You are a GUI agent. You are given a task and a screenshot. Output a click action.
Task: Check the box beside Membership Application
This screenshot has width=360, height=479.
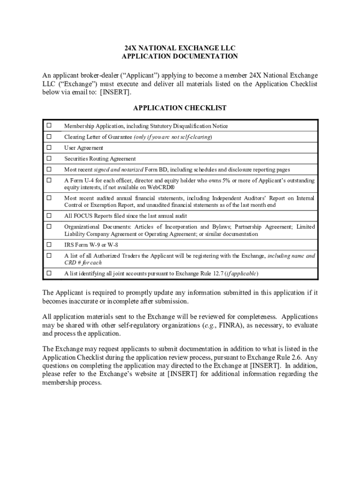(x=49, y=126)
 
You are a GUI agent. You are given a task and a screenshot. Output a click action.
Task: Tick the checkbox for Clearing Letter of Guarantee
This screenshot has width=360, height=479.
(x=49, y=137)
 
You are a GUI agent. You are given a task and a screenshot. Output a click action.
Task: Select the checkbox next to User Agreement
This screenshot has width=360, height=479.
(x=49, y=147)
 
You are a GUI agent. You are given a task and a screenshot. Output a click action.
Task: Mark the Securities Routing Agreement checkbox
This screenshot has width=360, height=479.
(x=49, y=158)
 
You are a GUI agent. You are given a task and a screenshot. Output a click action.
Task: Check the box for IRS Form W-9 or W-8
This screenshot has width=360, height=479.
(x=49, y=244)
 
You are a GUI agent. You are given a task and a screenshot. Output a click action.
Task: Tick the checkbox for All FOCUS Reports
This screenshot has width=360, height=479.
(x=49, y=216)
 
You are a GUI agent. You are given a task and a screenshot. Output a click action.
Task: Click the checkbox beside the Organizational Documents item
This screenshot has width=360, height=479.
(x=49, y=226)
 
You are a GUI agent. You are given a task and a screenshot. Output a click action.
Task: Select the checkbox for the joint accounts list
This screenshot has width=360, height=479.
(x=49, y=273)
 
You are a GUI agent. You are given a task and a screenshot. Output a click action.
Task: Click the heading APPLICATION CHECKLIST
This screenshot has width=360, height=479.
(x=180, y=108)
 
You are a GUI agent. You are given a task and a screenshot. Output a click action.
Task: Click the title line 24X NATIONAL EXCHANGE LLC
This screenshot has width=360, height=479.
(x=180, y=48)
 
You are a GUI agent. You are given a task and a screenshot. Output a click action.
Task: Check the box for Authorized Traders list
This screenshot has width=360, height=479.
(x=49, y=255)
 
